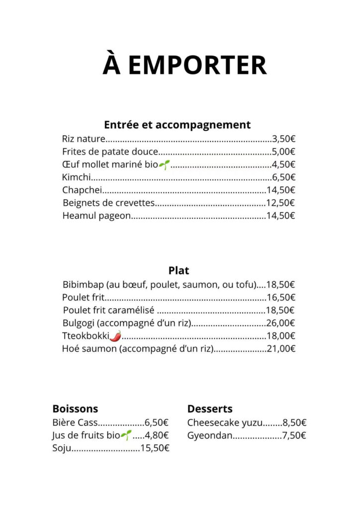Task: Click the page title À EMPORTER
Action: [x=184, y=66]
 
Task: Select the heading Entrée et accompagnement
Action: [x=177, y=124]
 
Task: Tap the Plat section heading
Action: [x=179, y=270]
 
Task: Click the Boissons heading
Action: [x=75, y=409]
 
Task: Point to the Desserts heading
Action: [x=210, y=409]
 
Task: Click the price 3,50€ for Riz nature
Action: [x=283, y=139]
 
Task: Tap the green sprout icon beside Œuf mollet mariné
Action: [x=164, y=165]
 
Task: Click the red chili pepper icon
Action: [x=115, y=336]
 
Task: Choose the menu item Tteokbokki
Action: [x=85, y=336]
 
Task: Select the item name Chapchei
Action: [x=82, y=190]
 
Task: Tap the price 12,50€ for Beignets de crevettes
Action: [x=280, y=203]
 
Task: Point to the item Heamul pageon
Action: [x=96, y=216]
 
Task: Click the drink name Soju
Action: [x=62, y=448]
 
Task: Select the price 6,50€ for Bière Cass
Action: [x=157, y=423]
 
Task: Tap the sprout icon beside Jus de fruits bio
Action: [x=126, y=435]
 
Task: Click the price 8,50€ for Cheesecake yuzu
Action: [x=294, y=423]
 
